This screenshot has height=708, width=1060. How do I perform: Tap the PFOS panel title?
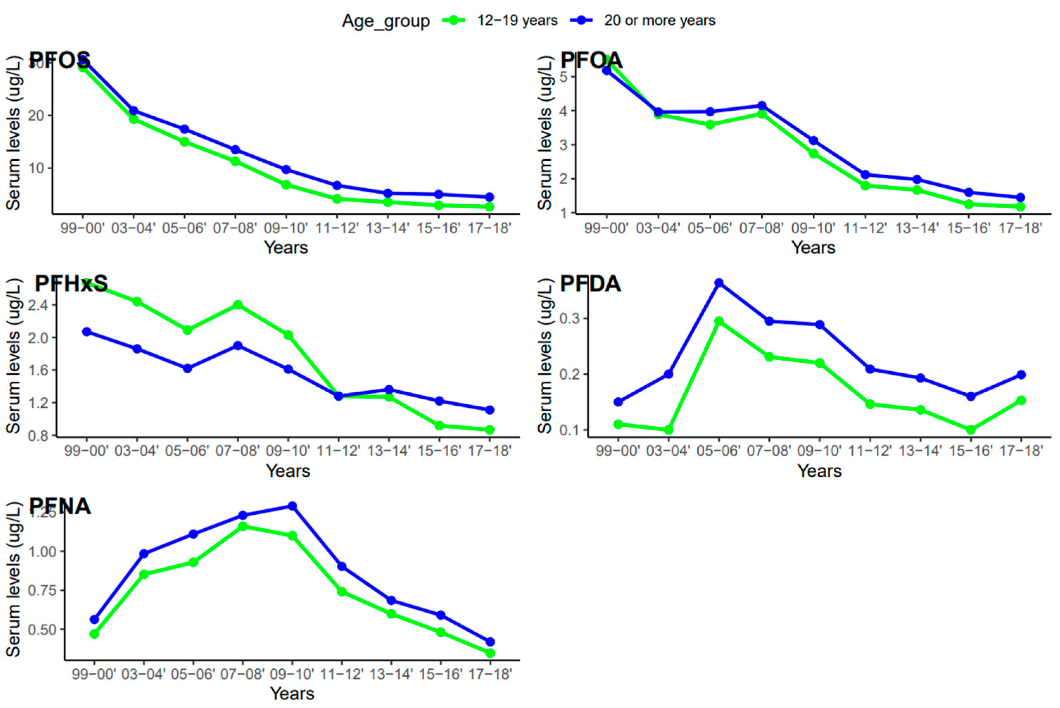pos(60,60)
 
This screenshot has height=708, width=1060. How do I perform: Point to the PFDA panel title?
pos(590,284)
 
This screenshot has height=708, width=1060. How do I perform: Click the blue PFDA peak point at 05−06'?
pos(719,283)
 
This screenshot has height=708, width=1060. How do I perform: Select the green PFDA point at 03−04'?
pos(668,430)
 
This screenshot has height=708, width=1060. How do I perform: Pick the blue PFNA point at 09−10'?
pos(292,506)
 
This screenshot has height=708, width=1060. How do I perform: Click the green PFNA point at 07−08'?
pos(243,526)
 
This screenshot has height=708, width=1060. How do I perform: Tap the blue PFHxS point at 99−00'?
pos(87,332)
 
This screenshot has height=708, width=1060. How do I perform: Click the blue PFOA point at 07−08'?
pos(762,106)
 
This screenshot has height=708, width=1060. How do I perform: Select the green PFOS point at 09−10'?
pos(286,185)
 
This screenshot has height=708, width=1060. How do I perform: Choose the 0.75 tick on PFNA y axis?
pos(43,591)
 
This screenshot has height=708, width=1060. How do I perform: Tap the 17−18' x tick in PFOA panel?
pos(1020,228)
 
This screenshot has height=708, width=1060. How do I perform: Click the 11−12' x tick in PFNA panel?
pos(342,675)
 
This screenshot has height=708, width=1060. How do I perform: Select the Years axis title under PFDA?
pos(819,471)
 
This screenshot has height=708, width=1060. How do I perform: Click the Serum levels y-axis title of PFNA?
pos(14,579)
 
